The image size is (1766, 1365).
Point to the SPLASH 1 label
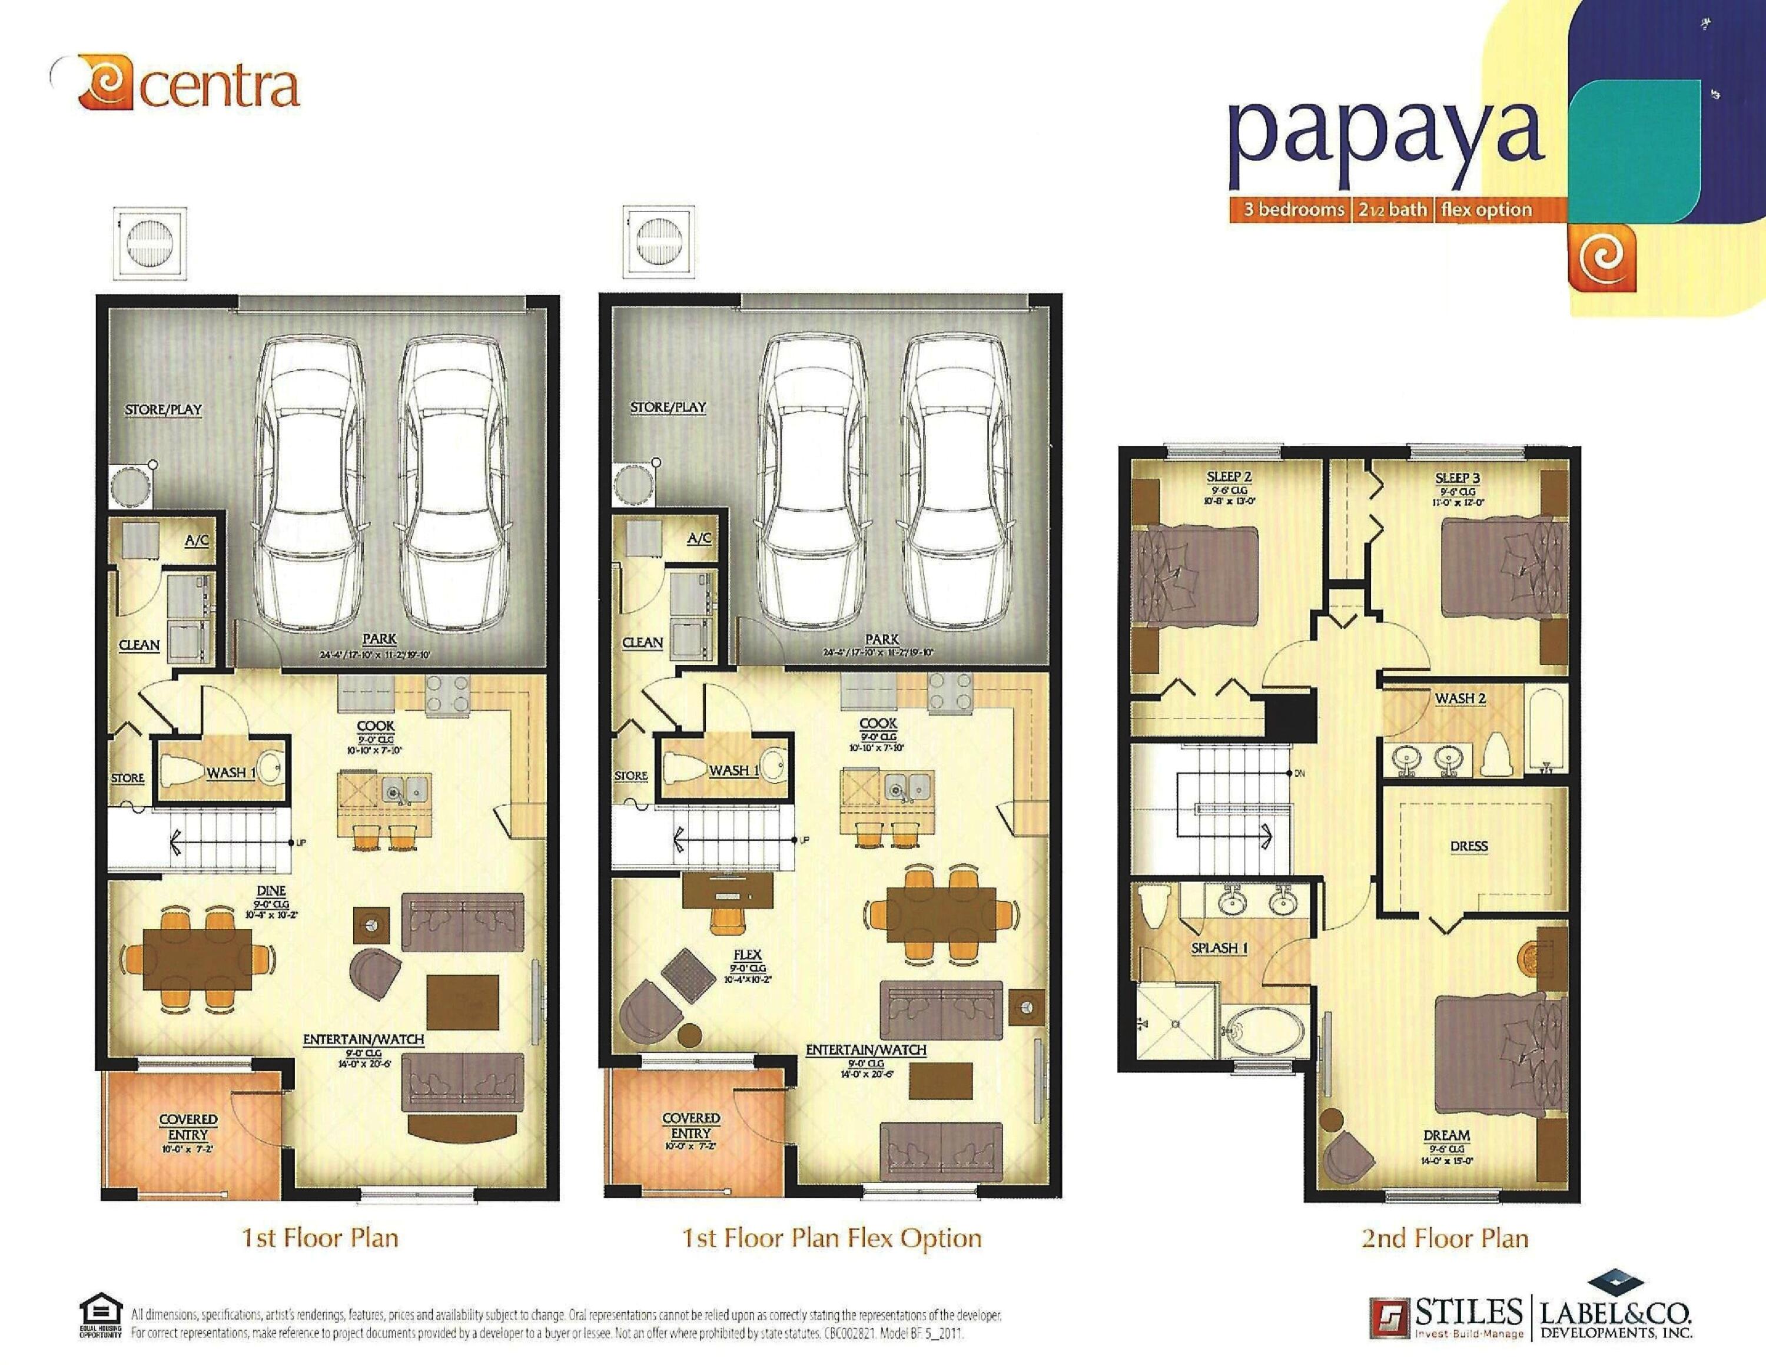click(1219, 947)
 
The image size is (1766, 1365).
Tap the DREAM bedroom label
click(1446, 1135)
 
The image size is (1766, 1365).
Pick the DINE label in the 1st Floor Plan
click(272, 891)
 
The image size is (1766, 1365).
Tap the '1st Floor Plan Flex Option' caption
click(832, 1238)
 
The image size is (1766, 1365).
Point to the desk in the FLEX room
click(725, 890)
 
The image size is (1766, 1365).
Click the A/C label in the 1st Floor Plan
click(197, 540)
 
